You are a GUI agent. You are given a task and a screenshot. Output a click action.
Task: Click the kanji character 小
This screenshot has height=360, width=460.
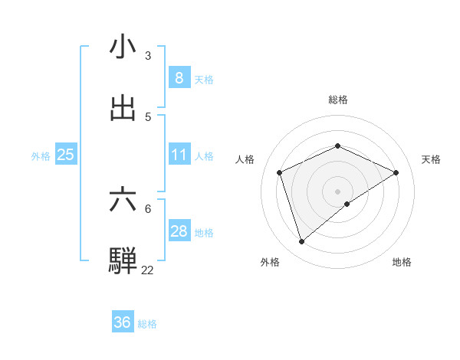[123, 47]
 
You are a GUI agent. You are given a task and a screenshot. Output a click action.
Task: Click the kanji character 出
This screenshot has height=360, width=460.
[123, 108]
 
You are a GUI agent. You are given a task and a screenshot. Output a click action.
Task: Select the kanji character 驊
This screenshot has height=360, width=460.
[123, 260]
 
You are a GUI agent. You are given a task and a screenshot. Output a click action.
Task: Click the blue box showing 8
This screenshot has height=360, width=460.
[179, 77]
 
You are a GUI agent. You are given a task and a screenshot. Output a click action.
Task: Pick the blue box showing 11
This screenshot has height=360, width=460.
[179, 155]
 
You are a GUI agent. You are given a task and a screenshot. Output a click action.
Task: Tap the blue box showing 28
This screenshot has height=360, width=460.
[179, 231]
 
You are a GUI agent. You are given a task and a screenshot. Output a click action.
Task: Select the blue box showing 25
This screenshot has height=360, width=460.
[65, 155]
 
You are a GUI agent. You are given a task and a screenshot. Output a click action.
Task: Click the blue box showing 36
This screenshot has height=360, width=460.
[122, 322]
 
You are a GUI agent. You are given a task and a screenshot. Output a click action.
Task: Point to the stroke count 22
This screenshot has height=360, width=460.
[147, 270]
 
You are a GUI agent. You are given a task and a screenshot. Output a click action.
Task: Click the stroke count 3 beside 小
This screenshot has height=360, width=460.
[148, 56]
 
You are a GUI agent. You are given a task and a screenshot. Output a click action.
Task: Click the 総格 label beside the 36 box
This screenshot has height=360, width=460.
[147, 324]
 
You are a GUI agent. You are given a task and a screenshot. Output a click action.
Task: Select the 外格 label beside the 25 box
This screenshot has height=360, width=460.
[41, 156]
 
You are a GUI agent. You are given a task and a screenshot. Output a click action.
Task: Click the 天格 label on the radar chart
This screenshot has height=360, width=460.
[431, 159]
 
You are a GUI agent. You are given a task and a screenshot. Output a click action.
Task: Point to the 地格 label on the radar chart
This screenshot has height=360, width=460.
[402, 263]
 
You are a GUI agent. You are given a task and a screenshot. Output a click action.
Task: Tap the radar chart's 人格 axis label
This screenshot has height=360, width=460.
[245, 159]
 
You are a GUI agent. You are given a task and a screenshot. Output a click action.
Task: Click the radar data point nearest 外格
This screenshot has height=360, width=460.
[302, 242]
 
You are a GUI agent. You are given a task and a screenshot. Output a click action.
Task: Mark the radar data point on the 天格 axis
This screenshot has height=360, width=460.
[396, 172]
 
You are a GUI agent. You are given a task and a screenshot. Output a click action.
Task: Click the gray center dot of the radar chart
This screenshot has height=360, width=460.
[337, 191]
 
